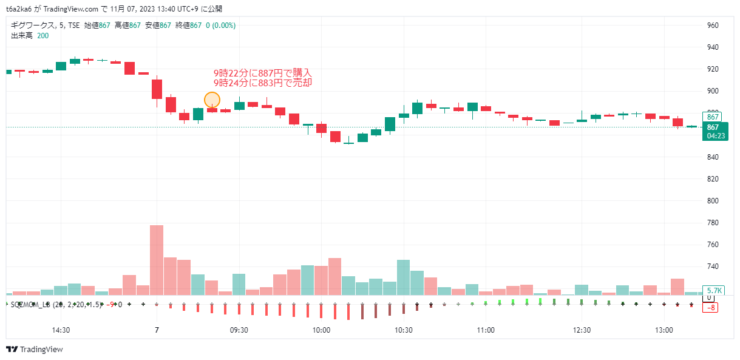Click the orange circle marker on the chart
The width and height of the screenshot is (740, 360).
click(212, 100)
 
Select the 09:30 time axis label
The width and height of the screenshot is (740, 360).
click(239, 331)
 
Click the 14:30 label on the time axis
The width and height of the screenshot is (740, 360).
click(61, 331)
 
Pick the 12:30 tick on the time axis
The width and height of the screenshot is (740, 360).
click(582, 331)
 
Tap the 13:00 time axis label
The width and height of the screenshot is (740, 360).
click(664, 331)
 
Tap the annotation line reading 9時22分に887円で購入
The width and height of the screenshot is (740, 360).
click(262, 73)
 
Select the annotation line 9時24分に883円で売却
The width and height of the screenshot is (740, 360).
click(262, 83)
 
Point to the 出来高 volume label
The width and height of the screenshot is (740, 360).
click(21, 36)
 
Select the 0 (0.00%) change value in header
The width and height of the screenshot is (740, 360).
click(220, 25)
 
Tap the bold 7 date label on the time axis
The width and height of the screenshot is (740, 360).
click(157, 331)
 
